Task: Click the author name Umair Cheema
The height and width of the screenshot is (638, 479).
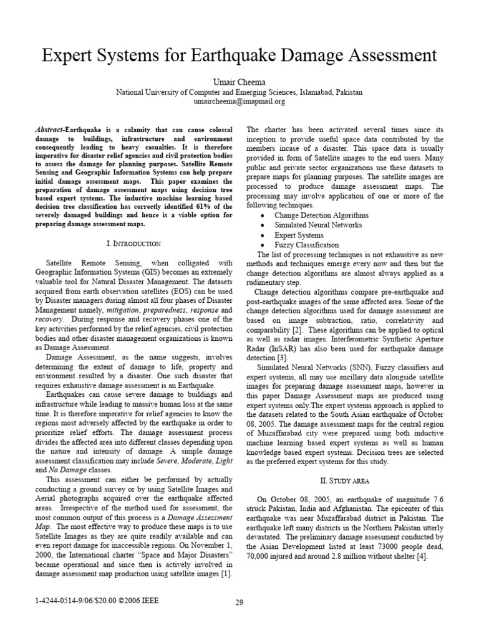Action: tap(239, 81)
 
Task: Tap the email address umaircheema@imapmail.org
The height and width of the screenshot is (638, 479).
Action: tap(239, 101)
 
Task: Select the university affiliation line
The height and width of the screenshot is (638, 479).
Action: tap(239, 92)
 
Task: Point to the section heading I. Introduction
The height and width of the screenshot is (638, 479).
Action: tap(135, 243)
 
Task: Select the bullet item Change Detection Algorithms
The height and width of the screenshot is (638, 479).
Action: tap(321, 215)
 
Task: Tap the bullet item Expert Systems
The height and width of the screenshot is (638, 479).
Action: tap(299, 236)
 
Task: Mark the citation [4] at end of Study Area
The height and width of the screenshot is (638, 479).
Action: tap(422, 556)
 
